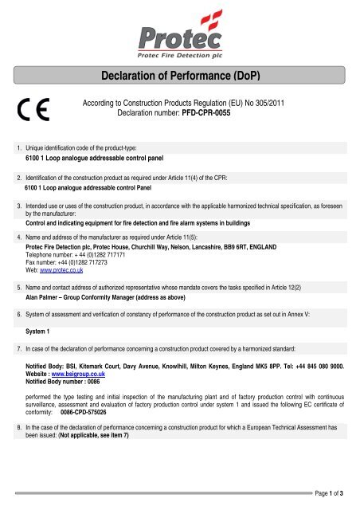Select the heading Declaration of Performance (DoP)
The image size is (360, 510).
coord(179,76)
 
